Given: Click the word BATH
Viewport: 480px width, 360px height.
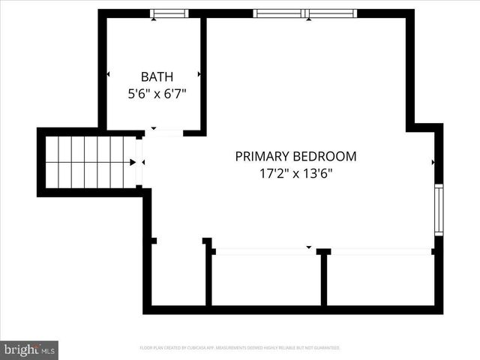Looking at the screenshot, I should [157, 76].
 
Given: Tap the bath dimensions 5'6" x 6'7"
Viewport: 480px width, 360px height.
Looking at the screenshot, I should [157, 94].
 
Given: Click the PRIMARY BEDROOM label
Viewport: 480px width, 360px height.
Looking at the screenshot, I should [295, 157].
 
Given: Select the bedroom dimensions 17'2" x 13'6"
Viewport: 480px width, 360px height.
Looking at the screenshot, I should [295, 174].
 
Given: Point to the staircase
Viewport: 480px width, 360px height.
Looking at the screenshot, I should [89, 161].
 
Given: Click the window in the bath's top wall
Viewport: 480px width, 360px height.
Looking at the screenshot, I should [169, 13].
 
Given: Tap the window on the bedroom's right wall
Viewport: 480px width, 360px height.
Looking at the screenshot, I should [439, 210].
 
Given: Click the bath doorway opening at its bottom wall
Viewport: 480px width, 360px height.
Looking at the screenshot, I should [164, 133].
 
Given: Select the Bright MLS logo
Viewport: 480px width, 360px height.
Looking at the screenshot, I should [29, 349].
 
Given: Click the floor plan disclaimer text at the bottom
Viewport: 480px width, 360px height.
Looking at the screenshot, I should [240, 348].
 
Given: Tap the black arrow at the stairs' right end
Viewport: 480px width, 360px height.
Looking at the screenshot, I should [133, 161].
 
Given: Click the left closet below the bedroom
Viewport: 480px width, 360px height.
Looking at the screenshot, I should [266, 279].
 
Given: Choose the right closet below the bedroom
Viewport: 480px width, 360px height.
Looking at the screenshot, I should [381, 279].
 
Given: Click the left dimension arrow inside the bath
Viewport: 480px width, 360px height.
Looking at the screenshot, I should [109, 74].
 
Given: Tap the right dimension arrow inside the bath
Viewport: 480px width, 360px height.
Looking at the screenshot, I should [199, 74].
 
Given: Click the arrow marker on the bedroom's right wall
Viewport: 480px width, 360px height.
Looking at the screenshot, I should [433, 161].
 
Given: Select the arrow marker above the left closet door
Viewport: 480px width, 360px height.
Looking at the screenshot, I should [308, 247].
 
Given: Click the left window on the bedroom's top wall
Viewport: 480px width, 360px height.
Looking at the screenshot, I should [278, 13].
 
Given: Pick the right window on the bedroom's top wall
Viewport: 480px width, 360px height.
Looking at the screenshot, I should [332, 13].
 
